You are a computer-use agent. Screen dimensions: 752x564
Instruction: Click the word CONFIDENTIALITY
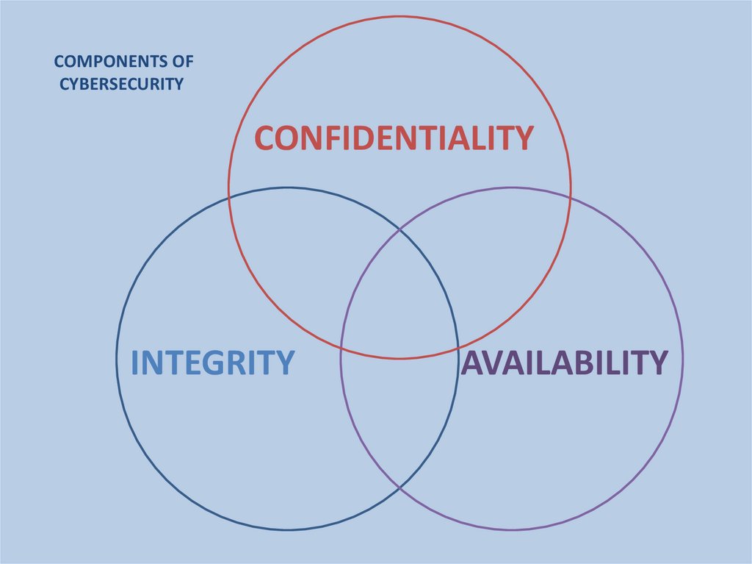(394, 138)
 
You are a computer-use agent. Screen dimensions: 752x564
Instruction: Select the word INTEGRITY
(212, 363)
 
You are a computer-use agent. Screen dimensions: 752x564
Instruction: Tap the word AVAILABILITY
(564, 362)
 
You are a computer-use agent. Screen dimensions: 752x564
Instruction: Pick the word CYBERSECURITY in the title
(121, 84)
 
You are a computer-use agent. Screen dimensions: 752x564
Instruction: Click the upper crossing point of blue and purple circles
(399, 230)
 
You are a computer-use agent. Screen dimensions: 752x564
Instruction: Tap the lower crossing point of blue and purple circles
(399, 488)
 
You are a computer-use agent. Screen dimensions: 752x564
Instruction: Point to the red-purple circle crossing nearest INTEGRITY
(341, 346)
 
